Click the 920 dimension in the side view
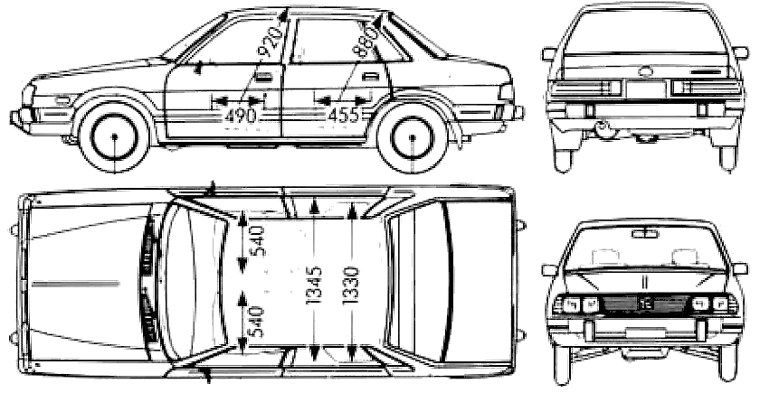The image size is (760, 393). click(271, 42)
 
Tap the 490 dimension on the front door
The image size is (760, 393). click(241, 116)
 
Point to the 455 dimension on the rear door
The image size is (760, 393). click(344, 116)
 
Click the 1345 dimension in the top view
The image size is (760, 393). click(314, 285)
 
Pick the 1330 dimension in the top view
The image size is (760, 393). click(351, 285)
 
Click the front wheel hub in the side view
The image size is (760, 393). click(115, 137)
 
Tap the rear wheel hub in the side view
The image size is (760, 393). click(413, 137)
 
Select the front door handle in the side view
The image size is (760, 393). click(262, 77)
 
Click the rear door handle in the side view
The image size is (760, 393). click(370, 77)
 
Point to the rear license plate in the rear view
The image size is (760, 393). click(646, 89)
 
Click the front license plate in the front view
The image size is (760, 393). click(645, 332)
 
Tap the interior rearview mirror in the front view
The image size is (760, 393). click(644, 234)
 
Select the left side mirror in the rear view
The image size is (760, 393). click(548, 53)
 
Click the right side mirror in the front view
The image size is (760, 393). click(740, 268)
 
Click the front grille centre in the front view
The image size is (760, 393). click(645, 304)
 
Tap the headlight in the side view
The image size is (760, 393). click(29, 96)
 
